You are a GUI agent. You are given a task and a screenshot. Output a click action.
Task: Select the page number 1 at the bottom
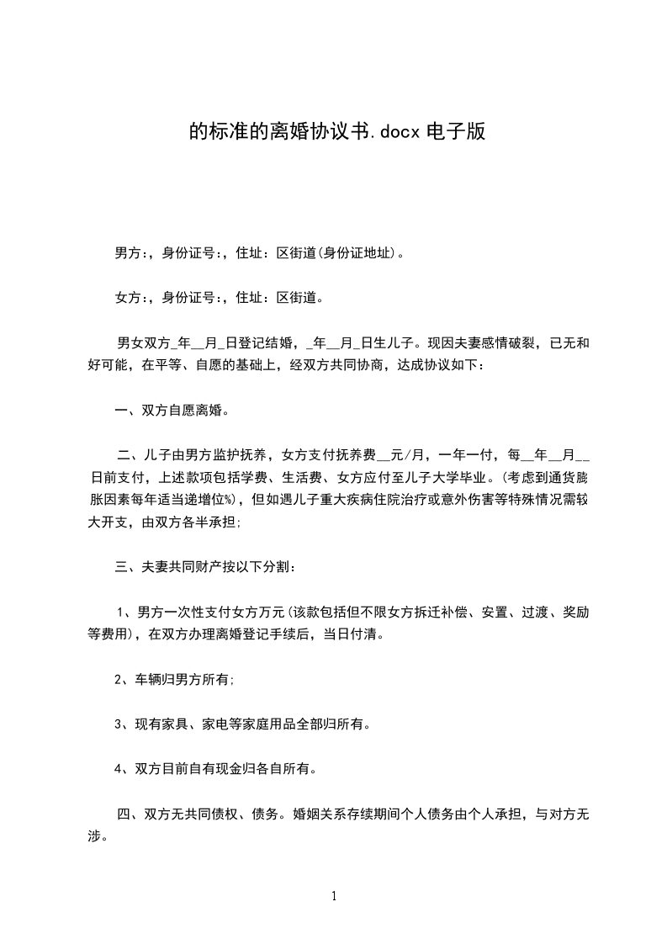coord(334,896)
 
